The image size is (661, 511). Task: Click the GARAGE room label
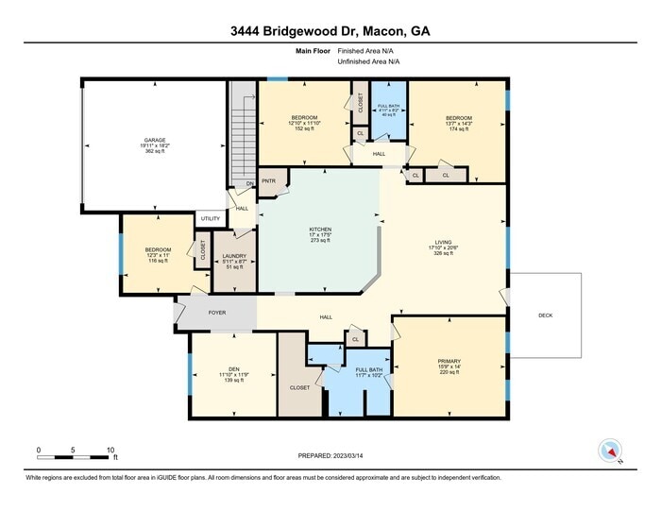154,139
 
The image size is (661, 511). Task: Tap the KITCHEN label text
321,229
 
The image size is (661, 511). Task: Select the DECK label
545,315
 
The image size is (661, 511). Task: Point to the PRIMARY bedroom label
449,361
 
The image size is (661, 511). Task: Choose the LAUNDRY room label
234,254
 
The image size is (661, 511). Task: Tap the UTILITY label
211,219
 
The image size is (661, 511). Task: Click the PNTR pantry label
268,180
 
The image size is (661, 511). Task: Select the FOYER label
217,311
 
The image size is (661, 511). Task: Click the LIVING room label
443,241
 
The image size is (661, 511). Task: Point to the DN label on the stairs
249,183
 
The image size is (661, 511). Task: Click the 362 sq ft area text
154,151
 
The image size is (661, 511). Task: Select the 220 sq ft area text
449,373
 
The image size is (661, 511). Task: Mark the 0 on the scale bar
39,450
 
